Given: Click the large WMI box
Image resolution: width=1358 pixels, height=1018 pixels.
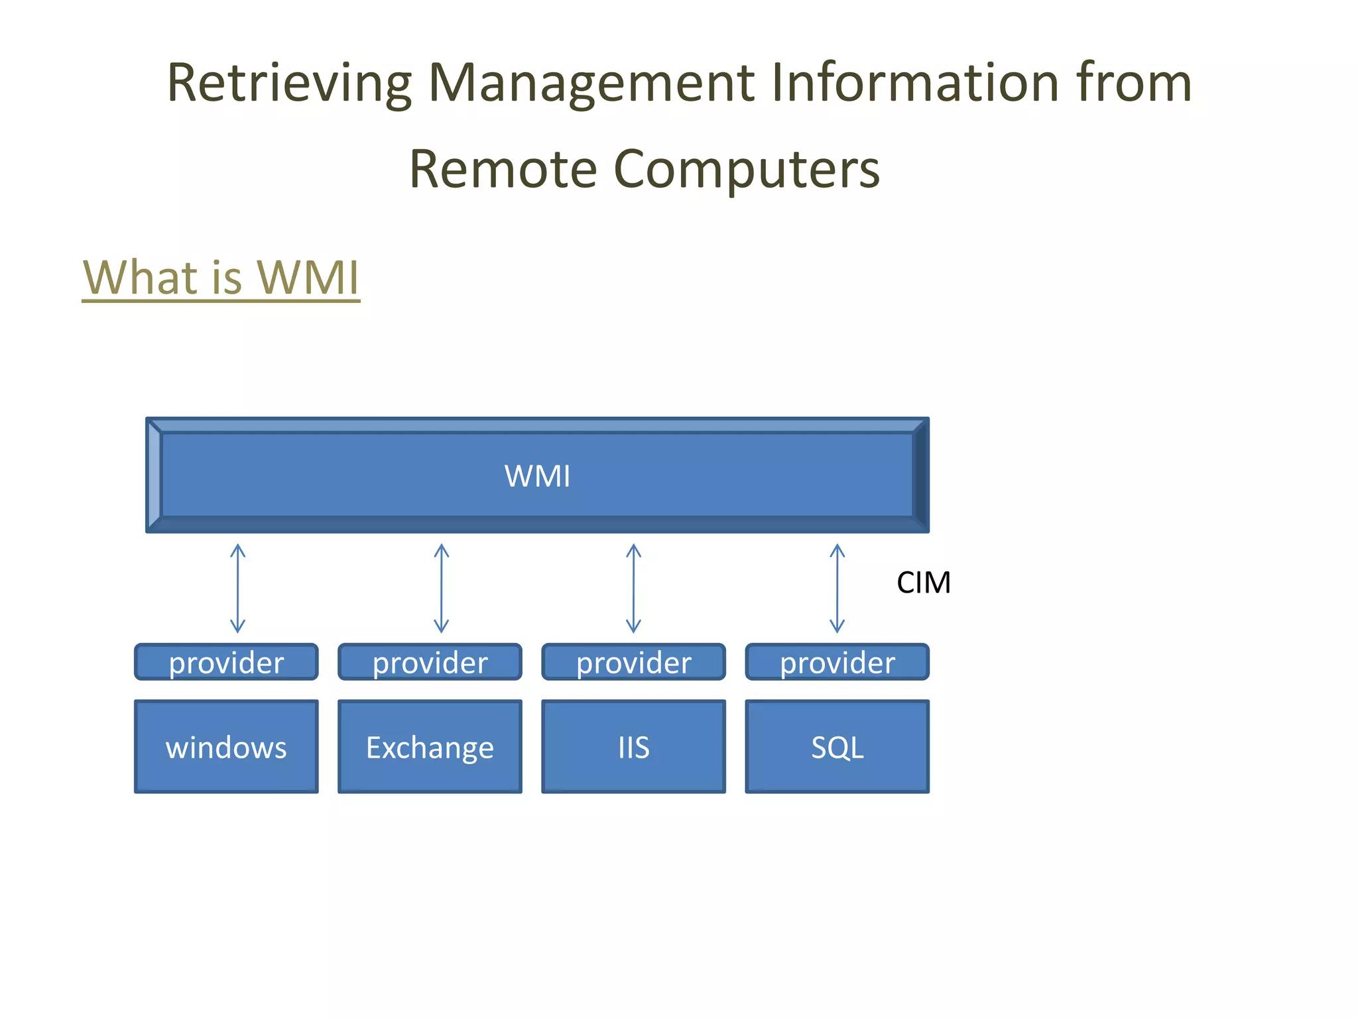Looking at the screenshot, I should tap(537, 475).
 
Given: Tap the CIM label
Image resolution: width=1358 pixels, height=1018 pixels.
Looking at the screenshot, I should tap(923, 583).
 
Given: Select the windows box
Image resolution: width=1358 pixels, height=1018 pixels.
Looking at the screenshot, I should tap(226, 747).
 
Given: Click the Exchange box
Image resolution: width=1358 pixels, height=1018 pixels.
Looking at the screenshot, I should tap(430, 747).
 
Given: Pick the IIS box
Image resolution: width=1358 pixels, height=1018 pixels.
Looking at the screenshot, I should tap(633, 747).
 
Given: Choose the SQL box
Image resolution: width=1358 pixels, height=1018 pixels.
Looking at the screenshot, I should tap(837, 747).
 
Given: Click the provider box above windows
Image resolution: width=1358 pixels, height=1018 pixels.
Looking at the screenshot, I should tap(226, 662).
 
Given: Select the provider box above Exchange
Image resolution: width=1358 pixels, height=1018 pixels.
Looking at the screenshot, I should tap(430, 662).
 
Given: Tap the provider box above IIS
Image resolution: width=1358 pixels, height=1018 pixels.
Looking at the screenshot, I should tap(633, 662).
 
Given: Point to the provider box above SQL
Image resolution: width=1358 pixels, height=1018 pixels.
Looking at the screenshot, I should tap(837, 662).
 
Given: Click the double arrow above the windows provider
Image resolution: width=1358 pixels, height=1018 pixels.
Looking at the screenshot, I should tap(238, 589).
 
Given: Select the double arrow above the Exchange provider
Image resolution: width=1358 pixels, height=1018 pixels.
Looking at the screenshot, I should tap(442, 589).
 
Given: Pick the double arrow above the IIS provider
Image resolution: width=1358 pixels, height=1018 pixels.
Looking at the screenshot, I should tap(633, 589).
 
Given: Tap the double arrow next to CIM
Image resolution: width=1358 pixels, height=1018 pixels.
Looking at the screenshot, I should tap(837, 589).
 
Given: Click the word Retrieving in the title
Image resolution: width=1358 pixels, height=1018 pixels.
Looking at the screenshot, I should tap(289, 84).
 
